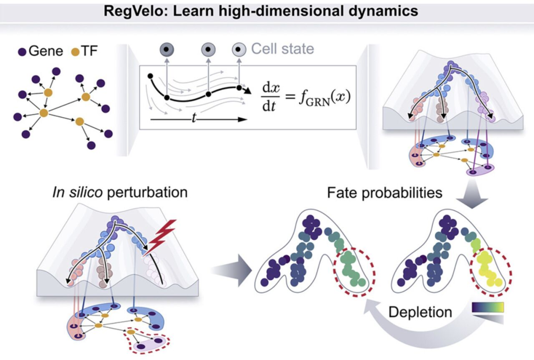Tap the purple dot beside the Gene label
tap(22, 52)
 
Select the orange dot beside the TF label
tap(75, 52)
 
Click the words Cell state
tap(282, 48)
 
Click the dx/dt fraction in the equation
tap(271, 97)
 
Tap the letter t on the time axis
tap(194, 118)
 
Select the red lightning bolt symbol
tap(160, 237)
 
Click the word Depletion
tap(420, 312)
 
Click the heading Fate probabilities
tap(385, 193)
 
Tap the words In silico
tap(78, 192)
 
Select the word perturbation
tap(147, 193)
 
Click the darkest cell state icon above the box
tap(167, 49)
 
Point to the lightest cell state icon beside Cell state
tap(239, 49)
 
